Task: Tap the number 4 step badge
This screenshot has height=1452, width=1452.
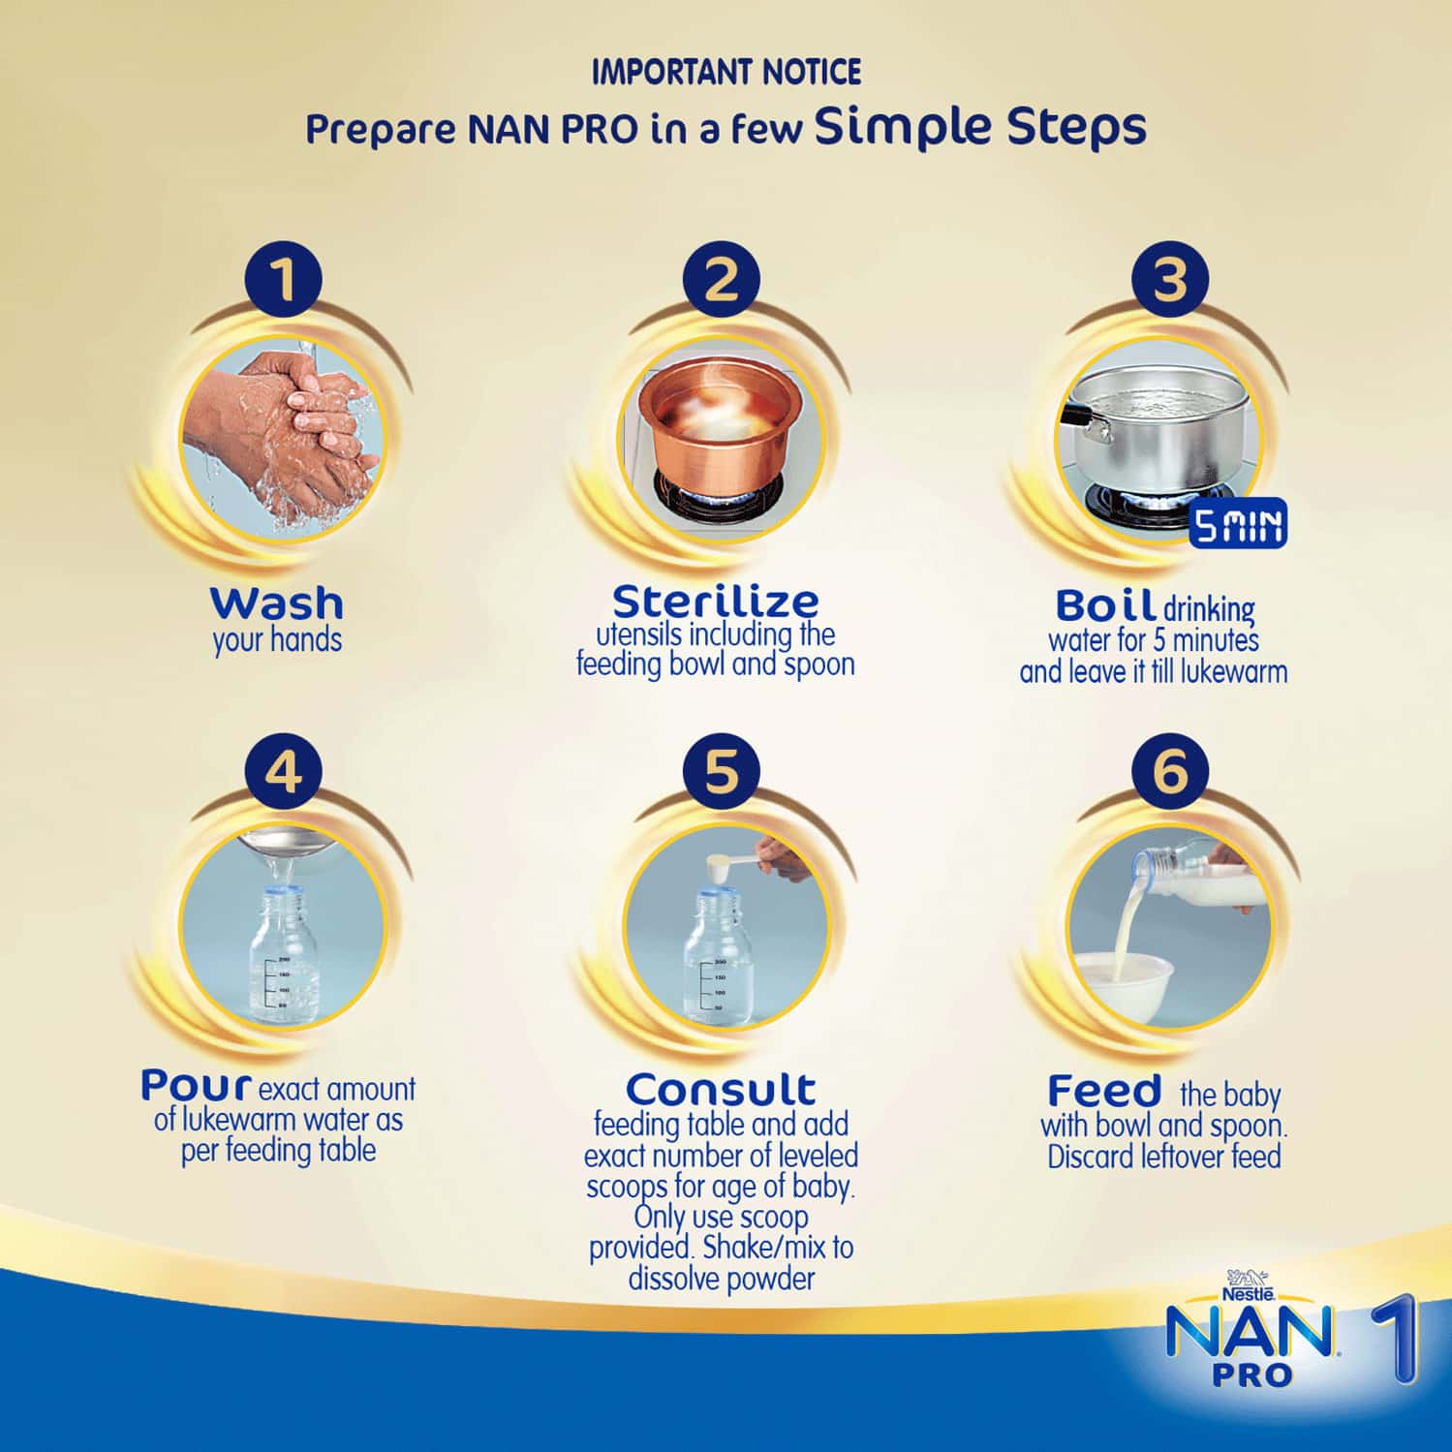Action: point(283,772)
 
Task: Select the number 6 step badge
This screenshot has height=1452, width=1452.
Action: point(1170,772)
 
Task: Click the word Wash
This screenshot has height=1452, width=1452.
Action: point(277,603)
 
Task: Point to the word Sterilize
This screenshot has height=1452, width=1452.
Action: point(716,602)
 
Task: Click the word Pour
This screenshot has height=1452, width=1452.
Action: point(197,1085)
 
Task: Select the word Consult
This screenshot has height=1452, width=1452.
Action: point(721,1089)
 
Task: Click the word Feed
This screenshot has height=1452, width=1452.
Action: point(1103,1092)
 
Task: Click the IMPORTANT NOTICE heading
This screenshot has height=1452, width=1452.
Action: point(726,72)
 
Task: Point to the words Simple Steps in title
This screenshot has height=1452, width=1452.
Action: point(980,127)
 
